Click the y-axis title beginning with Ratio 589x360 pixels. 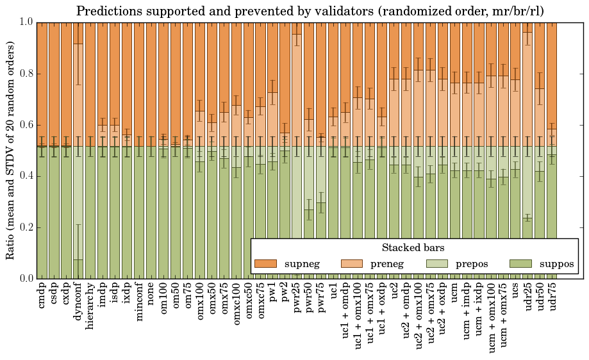(x=11, y=150)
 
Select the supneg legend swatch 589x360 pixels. (x=265, y=264)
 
